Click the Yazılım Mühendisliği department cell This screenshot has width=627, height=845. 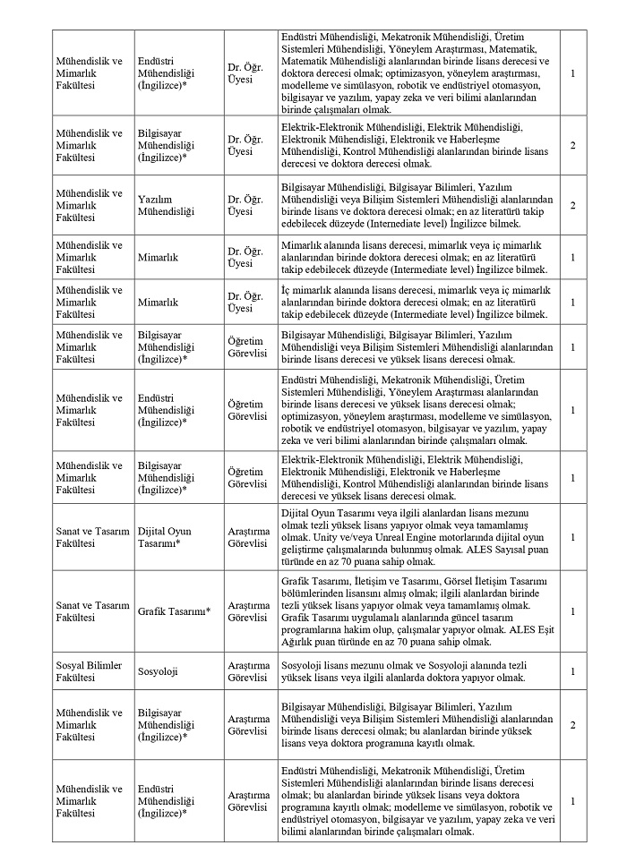(x=166, y=205)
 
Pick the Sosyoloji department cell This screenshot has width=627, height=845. (x=159, y=670)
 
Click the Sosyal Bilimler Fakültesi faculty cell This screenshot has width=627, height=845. (x=90, y=670)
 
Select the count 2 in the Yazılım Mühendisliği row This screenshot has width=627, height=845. (x=572, y=205)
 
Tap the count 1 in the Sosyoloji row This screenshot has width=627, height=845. (x=572, y=670)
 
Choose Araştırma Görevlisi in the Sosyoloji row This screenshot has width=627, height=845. (x=248, y=670)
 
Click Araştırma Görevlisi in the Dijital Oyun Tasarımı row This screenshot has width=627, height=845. (x=248, y=536)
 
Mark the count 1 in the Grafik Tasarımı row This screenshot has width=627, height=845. (x=572, y=611)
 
